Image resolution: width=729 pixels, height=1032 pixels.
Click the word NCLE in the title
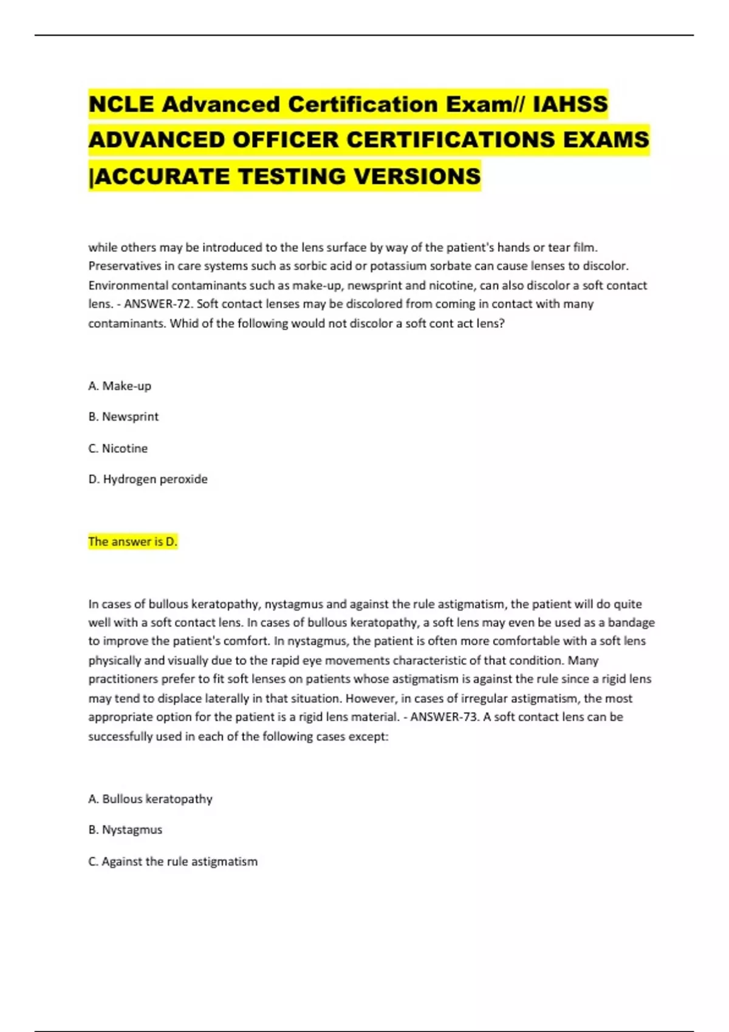(121, 104)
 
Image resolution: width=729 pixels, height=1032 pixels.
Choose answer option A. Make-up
(120, 386)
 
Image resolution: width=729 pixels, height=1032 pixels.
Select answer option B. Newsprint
(123, 417)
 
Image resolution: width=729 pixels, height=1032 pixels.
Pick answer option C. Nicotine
(118, 449)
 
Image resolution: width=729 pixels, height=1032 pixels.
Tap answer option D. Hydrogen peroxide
(148, 480)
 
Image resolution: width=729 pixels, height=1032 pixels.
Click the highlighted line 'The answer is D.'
(132, 541)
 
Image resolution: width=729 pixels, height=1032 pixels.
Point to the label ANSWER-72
(157, 304)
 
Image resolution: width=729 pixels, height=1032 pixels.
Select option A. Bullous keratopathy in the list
(150, 799)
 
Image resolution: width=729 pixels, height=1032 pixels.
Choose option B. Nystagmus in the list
(125, 830)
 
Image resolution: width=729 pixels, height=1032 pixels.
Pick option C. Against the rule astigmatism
(173, 861)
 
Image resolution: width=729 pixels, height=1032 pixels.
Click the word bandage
(631, 622)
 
